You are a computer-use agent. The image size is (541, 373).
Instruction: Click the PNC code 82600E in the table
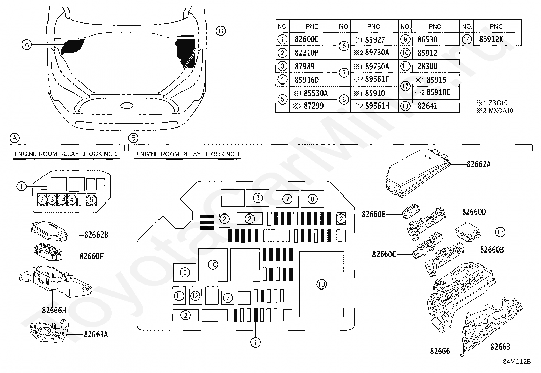pyautogui.click(x=307, y=39)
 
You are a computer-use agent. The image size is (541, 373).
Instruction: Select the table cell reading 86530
pyautogui.click(x=427, y=39)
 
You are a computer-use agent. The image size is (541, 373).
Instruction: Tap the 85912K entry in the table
pyautogui.click(x=491, y=39)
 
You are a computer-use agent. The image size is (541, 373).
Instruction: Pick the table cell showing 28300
pyautogui.click(x=427, y=66)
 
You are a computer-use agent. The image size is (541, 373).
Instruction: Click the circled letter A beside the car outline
pyautogui.click(x=27, y=45)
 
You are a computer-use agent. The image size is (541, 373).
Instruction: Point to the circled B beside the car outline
pyautogui.click(x=221, y=31)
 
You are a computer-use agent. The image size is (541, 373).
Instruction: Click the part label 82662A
pyautogui.click(x=478, y=164)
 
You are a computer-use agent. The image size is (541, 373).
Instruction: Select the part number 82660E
pyautogui.click(x=373, y=214)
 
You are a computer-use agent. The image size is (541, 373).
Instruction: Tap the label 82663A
pyautogui.click(x=96, y=335)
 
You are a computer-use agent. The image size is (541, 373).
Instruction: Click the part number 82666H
pyautogui.click(x=54, y=310)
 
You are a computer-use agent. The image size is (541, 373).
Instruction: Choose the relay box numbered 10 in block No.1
pyautogui.click(x=213, y=265)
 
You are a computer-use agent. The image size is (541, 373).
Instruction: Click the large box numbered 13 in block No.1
pyautogui.click(x=321, y=284)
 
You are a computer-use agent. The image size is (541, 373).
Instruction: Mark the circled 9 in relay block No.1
pyautogui.click(x=185, y=273)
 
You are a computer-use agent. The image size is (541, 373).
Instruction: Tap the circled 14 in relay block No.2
pyautogui.click(x=62, y=200)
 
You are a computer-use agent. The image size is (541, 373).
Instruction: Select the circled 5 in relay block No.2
pyautogui.click(x=91, y=200)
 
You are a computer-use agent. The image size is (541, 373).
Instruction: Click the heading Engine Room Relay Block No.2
pyautogui.click(x=66, y=154)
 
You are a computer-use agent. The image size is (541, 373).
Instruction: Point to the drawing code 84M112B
pyautogui.click(x=517, y=362)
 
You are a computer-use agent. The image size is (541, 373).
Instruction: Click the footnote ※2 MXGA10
pyautogui.click(x=495, y=111)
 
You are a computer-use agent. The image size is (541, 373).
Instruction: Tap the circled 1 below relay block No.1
pyautogui.click(x=256, y=342)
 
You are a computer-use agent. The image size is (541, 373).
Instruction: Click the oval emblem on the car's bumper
pyautogui.click(x=127, y=106)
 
